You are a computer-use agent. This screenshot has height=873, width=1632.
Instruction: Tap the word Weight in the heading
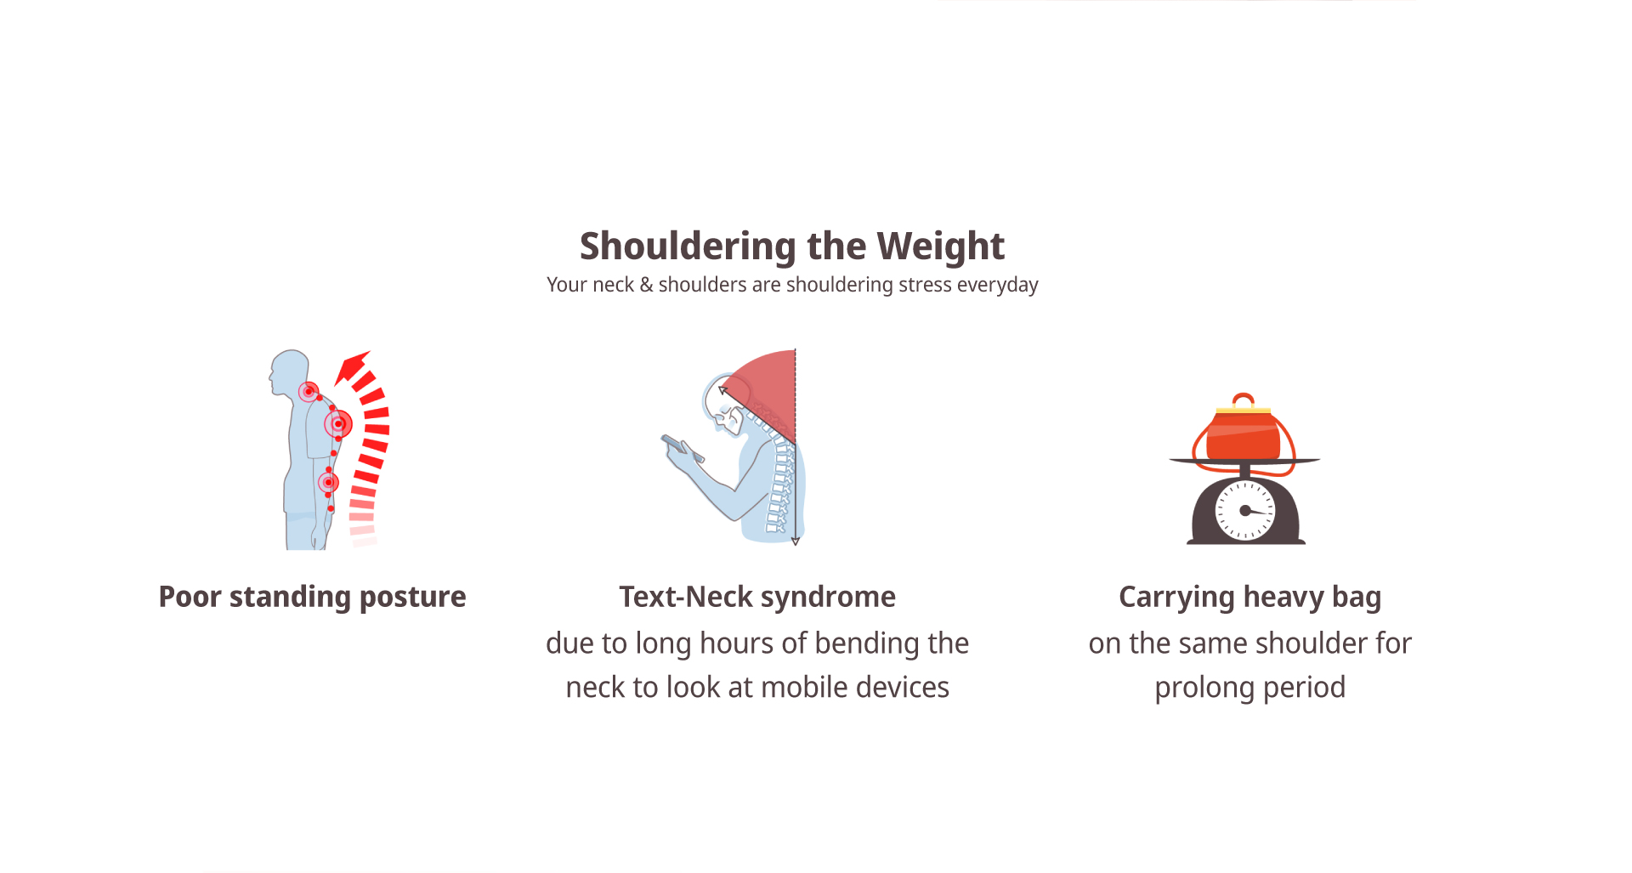(941, 247)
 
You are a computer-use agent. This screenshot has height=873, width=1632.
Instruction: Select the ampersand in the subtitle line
(646, 285)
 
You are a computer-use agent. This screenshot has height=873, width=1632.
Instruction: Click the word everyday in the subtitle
(997, 286)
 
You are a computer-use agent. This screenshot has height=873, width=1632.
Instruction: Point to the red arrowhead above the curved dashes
(351, 367)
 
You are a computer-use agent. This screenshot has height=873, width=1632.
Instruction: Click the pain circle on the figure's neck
(309, 392)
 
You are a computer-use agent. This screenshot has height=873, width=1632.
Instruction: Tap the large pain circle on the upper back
(338, 423)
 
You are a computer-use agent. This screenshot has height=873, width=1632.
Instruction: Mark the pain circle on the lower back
(328, 483)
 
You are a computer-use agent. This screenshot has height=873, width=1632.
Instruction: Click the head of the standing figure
(289, 372)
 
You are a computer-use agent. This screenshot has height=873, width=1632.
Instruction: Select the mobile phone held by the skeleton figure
(683, 448)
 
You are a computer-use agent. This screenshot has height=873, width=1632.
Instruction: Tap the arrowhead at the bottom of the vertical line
(796, 541)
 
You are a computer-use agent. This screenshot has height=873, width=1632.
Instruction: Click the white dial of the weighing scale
(1246, 511)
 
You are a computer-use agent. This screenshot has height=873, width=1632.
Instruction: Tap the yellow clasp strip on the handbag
(1243, 411)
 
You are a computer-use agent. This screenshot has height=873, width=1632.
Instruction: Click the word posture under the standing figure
(412, 598)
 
